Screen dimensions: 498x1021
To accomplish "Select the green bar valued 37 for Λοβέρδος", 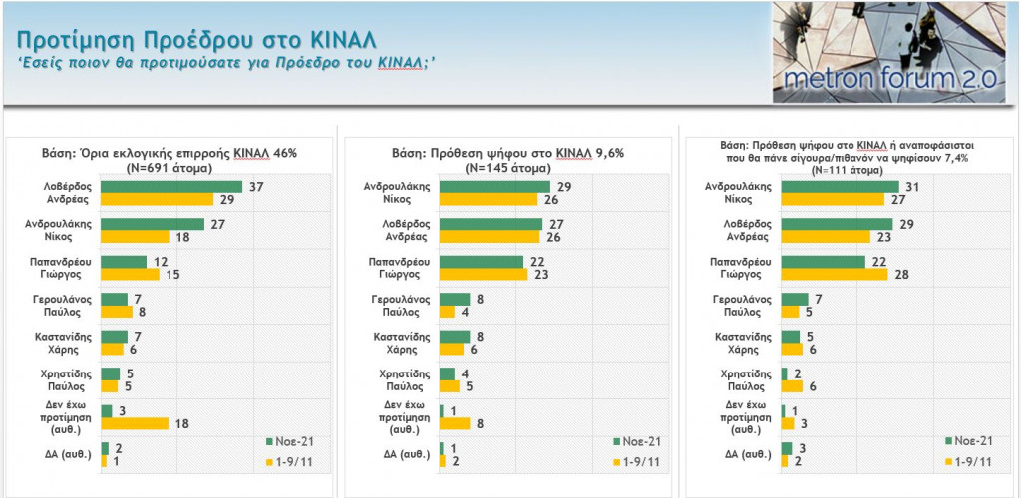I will [x=171, y=186].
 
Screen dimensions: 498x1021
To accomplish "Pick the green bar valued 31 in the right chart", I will [x=840, y=186].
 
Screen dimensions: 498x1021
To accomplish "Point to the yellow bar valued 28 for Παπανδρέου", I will [x=834, y=274].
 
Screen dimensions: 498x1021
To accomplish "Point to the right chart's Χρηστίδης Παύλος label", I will [x=744, y=379].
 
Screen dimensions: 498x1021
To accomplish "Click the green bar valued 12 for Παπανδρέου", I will [x=124, y=261].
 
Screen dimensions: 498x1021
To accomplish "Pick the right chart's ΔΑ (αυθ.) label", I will [x=750, y=454].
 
